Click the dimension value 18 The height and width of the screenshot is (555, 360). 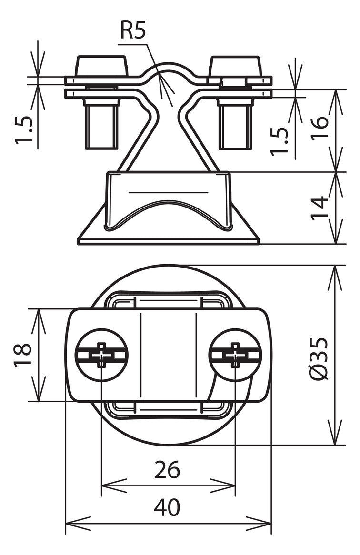pyautogui.click(x=23, y=355)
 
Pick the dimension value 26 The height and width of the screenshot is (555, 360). pyautogui.click(x=167, y=470)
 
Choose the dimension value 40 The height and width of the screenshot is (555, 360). pyautogui.click(x=167, y=507)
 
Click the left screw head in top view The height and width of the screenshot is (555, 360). pyautogui.click(x=101, y=355)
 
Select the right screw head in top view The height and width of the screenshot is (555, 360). pyautogui.click(x=235, y=355)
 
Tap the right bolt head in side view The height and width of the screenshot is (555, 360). pyautogui.click(x=235, y=66)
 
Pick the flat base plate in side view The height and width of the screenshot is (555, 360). pyautogui.click(x=169, y=241)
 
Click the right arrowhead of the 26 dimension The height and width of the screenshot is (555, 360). pyautogui.click(x=223, y=486)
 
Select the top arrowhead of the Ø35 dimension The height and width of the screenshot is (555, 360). pyautogui.click(x=334, y=279)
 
